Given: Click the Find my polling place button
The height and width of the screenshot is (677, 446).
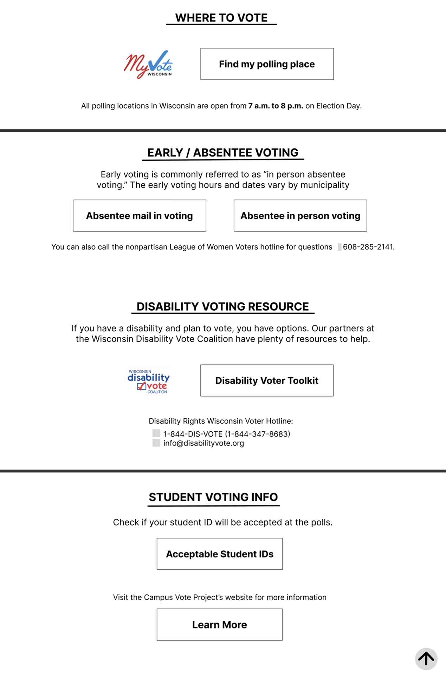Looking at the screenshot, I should click(x=267, y=64).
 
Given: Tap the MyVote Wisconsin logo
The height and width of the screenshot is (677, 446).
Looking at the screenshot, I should click(x=148, y=64).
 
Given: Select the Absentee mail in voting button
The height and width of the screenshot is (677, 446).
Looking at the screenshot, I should click(x=140, y=215).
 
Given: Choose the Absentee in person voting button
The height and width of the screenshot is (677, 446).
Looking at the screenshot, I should click(x=300, y=215).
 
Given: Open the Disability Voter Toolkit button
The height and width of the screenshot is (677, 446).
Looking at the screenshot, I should click(x=267, y=380).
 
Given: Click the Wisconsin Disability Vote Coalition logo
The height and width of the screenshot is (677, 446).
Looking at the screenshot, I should click(x=148, y=381).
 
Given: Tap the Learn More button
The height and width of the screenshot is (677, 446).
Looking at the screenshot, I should click(x=219, y=624).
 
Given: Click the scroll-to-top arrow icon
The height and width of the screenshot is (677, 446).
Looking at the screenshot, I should click(x=426, y=659).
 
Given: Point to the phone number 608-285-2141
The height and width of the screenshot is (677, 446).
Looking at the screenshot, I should click(x=368, y=247).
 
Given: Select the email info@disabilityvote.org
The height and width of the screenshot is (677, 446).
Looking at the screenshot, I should click(x=203, y=443).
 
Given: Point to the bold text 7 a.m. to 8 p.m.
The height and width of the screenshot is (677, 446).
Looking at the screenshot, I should click(x=276, y=106).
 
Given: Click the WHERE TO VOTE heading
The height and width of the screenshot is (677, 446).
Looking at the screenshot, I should click(x=221, y=18).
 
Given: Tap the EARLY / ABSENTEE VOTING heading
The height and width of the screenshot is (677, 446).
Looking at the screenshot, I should click(x=223, y=153).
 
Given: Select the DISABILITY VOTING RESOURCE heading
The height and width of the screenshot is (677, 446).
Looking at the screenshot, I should click(x=222, y=306).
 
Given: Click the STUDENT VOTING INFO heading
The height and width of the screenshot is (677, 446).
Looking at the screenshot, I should click(x=213, y=497).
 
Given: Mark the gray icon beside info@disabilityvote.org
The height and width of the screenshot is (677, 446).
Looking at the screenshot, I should click(x=156, y=443).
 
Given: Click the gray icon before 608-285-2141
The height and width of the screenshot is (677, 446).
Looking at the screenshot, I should click(x=340, y=247).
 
